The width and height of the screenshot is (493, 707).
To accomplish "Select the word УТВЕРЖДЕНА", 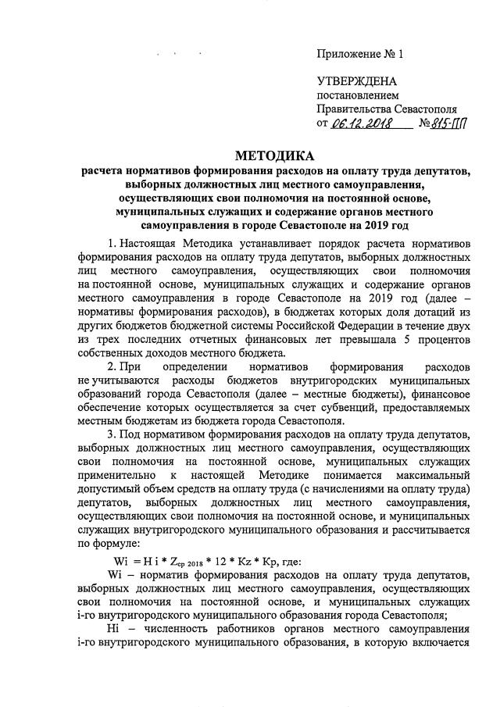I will [356, 82].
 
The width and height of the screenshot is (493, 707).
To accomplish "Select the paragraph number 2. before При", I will [113, 366].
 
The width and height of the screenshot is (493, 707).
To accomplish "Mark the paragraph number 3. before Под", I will [113, 434].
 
